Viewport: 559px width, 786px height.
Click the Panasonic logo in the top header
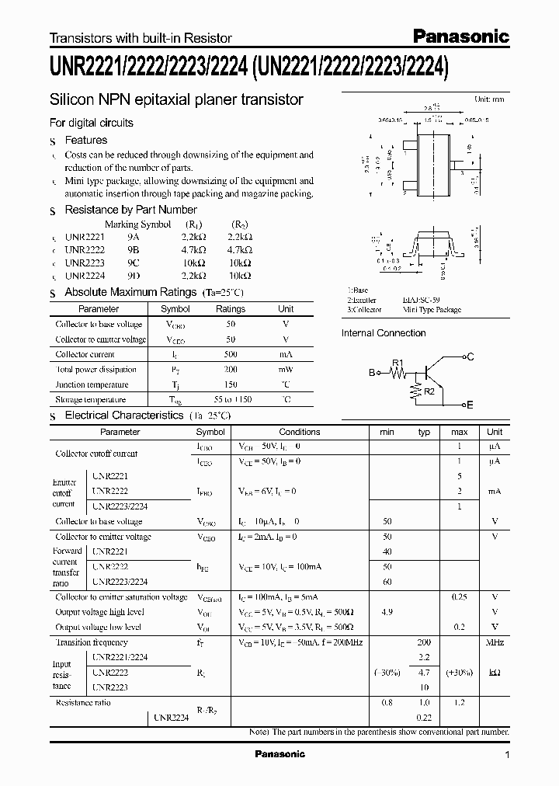click(x=460, y=36)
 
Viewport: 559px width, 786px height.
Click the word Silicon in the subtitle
click(x=71, y=100)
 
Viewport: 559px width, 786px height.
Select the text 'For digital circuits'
click(x=91, y=123)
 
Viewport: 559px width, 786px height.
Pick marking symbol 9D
click(x=134, y=275)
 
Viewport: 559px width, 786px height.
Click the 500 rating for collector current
click(x=230, y=354)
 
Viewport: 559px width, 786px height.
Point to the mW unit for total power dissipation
click(x=286, y=370)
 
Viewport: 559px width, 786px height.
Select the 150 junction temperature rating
click(x=230, y=385)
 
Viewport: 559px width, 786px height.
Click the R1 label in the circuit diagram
click(x=398, y=363)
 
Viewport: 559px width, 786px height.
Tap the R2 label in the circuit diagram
click(x=429, y=391)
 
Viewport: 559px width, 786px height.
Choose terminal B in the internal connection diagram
click(x=371, y=373)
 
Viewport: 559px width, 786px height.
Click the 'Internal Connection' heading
click(x=384, y=333)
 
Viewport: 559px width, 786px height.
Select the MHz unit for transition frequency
click(x=495, y=643)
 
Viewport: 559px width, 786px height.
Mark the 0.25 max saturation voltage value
click(x=459, y=596)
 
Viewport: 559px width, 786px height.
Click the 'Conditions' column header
click(x=299, y=432)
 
